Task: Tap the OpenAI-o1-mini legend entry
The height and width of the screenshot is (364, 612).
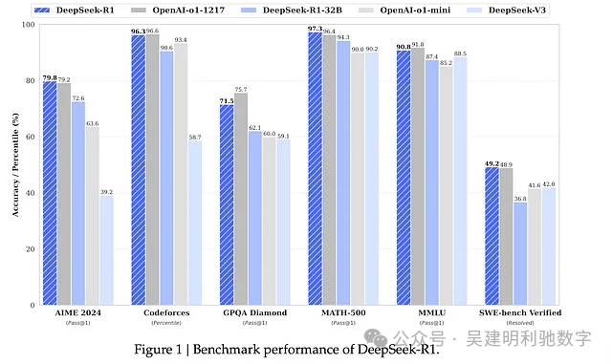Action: click(422, 10)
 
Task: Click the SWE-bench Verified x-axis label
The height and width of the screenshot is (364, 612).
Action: click(520, 313)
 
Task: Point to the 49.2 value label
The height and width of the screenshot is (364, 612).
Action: click(491, 161)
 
